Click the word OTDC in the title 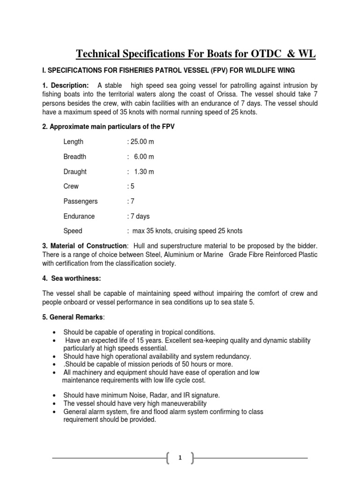(x=262, y=55)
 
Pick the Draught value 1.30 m (x=144, y=172)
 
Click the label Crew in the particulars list (x=71, y=186)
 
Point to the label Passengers (x=80, y=201)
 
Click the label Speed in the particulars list (x=73, y=231)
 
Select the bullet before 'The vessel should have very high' (x=54, y=404)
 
